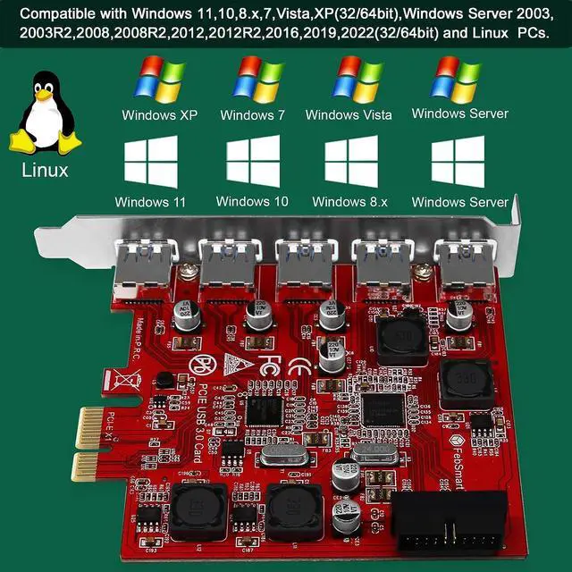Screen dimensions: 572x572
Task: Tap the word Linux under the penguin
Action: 45,169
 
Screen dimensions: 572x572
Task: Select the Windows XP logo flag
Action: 158,78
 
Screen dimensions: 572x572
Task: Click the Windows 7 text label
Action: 252,114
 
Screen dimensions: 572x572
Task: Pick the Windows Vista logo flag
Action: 357,78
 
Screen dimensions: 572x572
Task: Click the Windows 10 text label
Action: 252,201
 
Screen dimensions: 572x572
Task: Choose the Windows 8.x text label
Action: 350,201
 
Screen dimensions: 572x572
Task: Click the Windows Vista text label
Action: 349,114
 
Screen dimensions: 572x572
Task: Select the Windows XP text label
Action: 159,114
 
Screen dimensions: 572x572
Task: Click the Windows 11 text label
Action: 150,201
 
